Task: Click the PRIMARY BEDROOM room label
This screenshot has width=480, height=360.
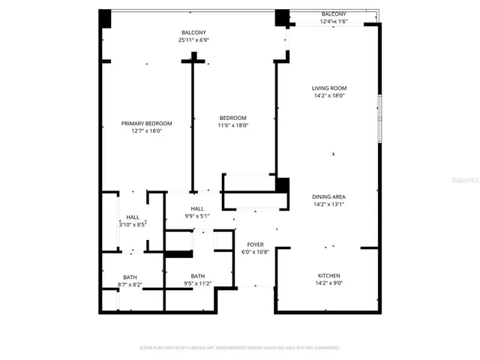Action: [x=147, y=123]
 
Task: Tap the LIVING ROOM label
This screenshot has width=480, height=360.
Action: [x=329, y=88]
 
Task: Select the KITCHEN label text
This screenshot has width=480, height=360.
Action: [x=329, y=276]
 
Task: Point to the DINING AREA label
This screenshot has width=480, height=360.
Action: [x=329, y=196]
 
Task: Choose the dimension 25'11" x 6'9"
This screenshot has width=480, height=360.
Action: [x=193, y=40]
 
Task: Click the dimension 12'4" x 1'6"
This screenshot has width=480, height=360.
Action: [x=334, y=21]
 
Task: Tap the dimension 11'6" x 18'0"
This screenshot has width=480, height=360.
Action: [x=232, y=125]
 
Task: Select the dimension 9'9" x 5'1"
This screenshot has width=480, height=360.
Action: [x=197, y=216]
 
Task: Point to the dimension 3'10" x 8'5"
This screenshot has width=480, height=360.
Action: [x=132, y=223]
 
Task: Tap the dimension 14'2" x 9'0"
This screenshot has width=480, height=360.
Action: [x=329, y=284]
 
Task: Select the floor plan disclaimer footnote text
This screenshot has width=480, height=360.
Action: [x=240, y=347]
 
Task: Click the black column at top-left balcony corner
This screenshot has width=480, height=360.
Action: [x=105, y=18]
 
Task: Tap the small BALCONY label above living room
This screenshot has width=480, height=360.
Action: [x=334, y=13]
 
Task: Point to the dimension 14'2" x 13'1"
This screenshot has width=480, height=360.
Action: [x=329, y=204]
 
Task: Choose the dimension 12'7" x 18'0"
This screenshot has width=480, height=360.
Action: [x=147, y=130]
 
